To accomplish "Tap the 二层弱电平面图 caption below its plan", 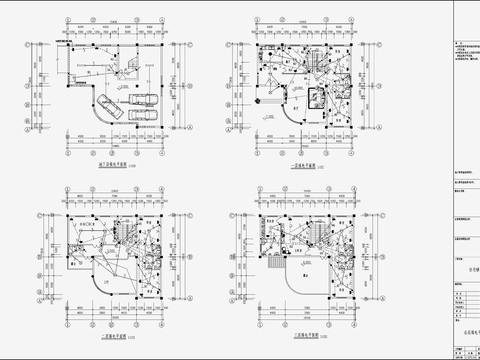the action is [120, 335].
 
